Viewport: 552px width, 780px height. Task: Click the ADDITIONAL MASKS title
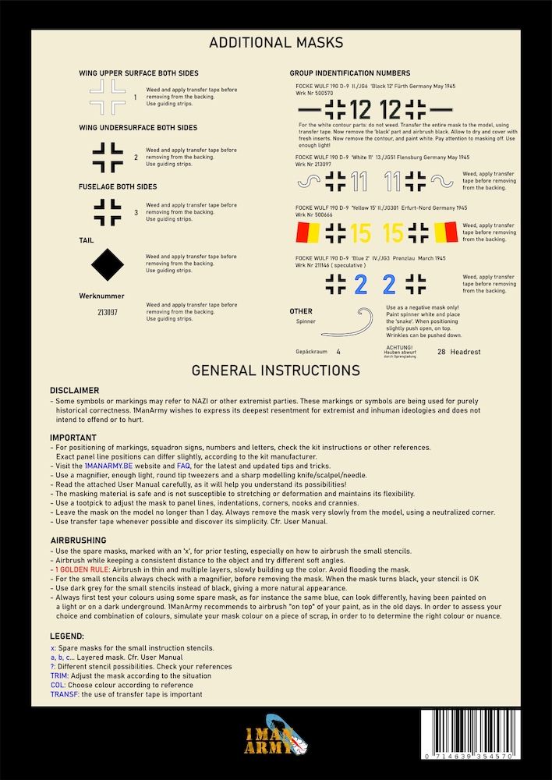pos(276,43)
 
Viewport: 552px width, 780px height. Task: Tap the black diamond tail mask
pos(108,264)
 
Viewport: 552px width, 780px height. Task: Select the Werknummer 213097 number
pos(108,312)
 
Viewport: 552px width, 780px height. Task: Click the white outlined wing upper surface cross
pos(108,98)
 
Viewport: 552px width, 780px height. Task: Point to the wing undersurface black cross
pos(108,157)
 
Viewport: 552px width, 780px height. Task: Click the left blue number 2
pos(360,285)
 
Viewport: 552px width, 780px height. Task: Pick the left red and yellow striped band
pos(309,232)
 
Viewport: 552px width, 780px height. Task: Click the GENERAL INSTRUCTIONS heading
pos(276,370)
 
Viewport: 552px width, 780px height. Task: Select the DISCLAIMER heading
pos(75,390)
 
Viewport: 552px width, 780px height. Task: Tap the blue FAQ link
pos(184,465)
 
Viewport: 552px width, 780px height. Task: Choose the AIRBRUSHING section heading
pos(80,540)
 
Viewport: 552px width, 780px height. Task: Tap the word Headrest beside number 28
pos(466,352)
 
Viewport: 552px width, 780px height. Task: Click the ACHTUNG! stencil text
pos(400,346)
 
